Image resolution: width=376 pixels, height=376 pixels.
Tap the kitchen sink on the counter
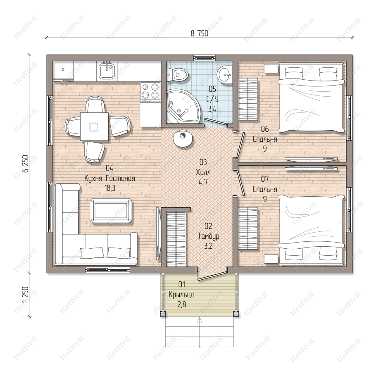pos(107,70)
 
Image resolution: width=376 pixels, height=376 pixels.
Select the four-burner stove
pos(150,92)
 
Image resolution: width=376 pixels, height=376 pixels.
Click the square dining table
pos(94,126)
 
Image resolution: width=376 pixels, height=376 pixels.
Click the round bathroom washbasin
pos(224,74)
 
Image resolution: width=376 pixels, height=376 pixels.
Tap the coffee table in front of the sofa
pos(111,211)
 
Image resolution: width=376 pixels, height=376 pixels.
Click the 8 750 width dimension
pos(200,33)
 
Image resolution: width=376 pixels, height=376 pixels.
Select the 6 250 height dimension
pos(26,164)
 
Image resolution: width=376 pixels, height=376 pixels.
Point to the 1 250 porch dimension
pos(26,295)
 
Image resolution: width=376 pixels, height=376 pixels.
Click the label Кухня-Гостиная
pos(109,178)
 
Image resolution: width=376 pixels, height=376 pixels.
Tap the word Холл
pos(203,172)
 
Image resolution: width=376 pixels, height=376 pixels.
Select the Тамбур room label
pos(208,236)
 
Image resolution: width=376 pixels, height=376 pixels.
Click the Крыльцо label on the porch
pos(181,295)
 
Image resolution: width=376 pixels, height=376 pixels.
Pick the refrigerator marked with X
pos(63,71)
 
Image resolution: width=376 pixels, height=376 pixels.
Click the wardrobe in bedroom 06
pos(248,99)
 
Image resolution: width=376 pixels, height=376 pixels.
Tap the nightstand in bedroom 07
pos(271,259)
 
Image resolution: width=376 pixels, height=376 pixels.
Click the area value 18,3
pos(110,188)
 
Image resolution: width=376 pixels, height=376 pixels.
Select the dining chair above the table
pos(95,105)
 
